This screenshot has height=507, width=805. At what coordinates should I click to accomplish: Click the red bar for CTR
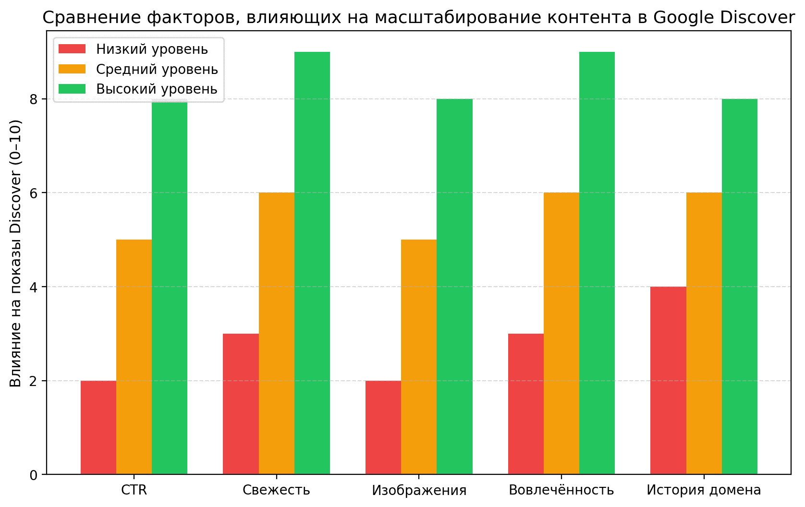(x=98, y=427)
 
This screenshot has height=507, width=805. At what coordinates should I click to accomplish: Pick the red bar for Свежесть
(x=241, y=404)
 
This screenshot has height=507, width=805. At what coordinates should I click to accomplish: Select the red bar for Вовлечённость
(x=525, y=404)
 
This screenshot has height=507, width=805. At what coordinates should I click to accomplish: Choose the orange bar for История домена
(x=704, y=333)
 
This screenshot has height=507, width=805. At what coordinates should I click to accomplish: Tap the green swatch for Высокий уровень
(x=72, y=89)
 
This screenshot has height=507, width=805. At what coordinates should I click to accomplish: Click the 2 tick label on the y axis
(x=34, y=381)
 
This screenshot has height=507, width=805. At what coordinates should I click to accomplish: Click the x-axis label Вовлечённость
(x=561, y=490)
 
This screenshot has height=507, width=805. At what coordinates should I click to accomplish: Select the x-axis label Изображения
(x=419, y=490)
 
